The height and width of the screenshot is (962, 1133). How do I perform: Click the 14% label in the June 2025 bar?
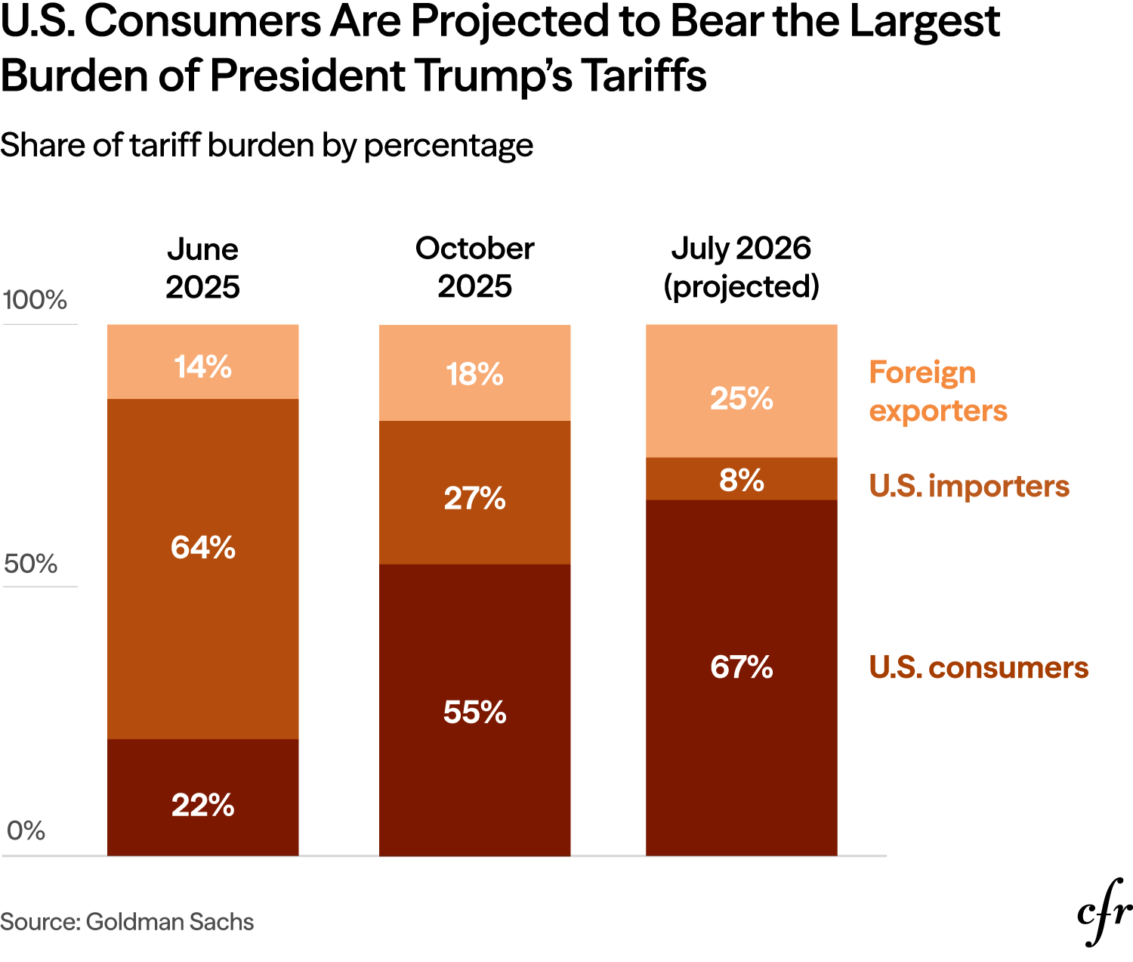(x=202, y=367)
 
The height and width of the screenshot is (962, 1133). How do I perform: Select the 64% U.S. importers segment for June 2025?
(x=202, y=547)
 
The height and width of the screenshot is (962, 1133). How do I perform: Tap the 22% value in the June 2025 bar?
(x=202, y=805)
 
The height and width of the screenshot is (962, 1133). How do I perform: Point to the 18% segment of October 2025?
(x=474, y=374)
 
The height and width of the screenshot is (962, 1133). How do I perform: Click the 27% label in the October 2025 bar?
(x=474, y=498)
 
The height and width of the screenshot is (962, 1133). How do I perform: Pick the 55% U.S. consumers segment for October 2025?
(x=474, y=712)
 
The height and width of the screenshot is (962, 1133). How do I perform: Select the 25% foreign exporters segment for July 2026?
(x=741, y=398)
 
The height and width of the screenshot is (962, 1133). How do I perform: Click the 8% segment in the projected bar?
(x=741, y=480)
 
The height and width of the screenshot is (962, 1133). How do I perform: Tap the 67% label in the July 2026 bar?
(x=741, y=667)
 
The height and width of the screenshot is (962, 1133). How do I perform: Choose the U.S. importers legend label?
(x=969, y=486)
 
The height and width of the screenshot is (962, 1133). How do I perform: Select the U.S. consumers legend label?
(x=978, y=667)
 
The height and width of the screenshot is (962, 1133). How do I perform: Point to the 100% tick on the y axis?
(x=35, y=300)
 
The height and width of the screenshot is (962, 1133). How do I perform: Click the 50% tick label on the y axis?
(x=30, y=564)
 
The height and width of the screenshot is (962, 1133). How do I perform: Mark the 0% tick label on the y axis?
(x=26, y=831)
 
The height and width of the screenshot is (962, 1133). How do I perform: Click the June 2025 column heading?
(x=202, y=268)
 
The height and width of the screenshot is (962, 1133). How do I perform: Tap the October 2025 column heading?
(x=474, y=268)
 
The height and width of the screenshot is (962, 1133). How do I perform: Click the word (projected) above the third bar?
(x=741, y=286)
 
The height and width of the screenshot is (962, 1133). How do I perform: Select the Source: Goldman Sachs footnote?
(x=127, y=922)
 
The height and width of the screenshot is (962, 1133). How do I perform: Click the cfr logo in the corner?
(x=1104, y=912)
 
